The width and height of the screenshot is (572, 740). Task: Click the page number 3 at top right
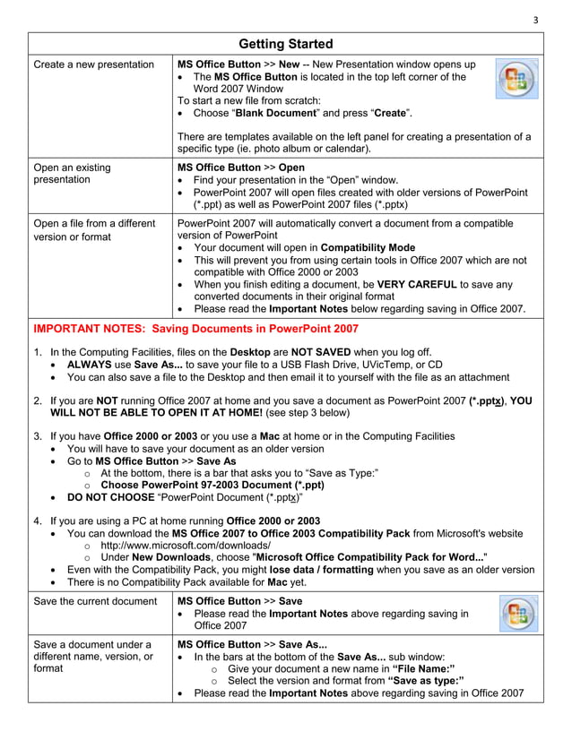point(536,22)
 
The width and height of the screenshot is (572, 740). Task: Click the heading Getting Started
point(286,44)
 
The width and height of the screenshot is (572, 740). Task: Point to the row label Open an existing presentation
point(72,173)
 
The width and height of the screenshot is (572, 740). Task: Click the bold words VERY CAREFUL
point(417,285)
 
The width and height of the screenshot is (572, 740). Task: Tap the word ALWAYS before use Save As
point(96,365)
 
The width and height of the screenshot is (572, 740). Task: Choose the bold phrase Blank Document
point(278,115)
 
